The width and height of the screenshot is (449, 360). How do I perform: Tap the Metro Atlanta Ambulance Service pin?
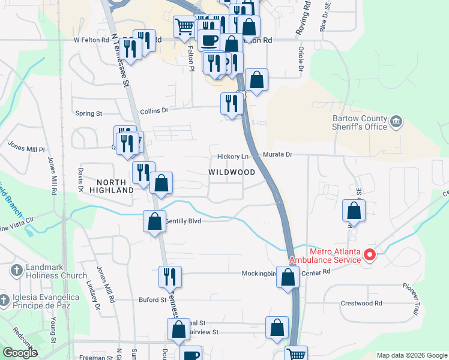point(370,255)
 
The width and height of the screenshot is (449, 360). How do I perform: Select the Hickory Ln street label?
point(233,157)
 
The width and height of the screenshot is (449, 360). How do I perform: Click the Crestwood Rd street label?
point(361,304)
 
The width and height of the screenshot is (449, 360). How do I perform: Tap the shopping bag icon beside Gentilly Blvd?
point(155,221)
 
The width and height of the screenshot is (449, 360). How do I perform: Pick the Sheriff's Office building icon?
point(396,122)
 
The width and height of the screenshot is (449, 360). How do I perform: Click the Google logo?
point(20,353)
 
